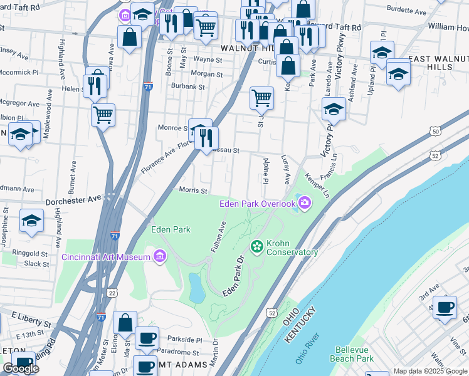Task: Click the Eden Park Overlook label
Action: [x=257, y=204]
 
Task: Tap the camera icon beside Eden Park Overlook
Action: [x=305, y=202]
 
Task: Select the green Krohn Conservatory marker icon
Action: [x=256, y=246]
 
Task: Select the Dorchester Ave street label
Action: [x=73, y=198]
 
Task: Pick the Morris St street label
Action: [x=194, y=190]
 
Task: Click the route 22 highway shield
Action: [x=112, y=293]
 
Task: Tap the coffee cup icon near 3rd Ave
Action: [x=445, y=308]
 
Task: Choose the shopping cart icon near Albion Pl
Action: [x=103, y=115]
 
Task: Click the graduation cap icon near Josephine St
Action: [x=31, y=220]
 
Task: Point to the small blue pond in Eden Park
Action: [x=196, y=288]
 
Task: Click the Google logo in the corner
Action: [x=21, y=368]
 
